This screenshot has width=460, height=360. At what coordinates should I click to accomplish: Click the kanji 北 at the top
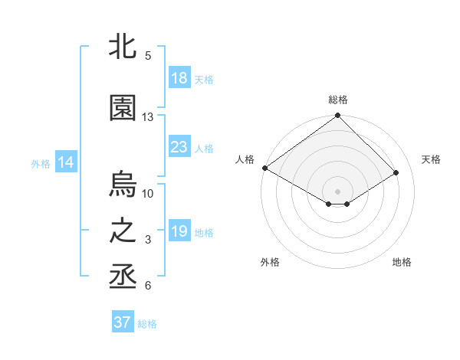coord(123,46)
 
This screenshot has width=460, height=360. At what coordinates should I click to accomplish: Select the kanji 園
coord(123,108)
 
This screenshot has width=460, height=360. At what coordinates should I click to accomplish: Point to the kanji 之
coord(123,232)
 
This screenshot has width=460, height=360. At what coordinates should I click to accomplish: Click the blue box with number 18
coord(179,78)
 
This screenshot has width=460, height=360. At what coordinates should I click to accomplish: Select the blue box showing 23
coord(179,148)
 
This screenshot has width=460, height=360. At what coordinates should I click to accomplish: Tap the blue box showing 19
coord(179,232)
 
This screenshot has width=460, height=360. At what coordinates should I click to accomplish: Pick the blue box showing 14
coord(66,162)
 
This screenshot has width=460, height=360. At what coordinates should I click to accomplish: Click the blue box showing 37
coord(123,322)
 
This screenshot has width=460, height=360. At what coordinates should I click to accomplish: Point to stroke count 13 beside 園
coord(148,117)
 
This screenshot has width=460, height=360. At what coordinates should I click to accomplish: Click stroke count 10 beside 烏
coord(148,193)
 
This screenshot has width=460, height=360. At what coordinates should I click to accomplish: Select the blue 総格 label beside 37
coord(147,324)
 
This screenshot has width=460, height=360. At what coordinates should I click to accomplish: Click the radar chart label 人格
coord(245,159)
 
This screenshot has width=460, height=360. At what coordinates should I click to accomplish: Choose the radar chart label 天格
coord(431,159)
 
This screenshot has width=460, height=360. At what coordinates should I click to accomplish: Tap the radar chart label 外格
coord(270,262)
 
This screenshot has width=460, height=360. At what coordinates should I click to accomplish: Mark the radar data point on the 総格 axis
coord(337,116)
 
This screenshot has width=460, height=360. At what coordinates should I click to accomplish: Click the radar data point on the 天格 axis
coord(396,172)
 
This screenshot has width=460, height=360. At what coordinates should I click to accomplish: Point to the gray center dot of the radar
coord(337,191)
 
